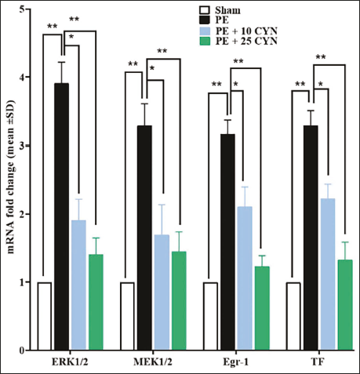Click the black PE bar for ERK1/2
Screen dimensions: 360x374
(62, 216)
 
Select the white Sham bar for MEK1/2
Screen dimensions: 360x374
(128, 316)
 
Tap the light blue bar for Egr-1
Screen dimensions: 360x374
(245, 278)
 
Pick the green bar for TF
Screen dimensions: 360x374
(345, 305)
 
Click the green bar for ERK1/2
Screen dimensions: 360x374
(96, 302)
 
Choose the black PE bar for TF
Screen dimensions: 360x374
(311, 238)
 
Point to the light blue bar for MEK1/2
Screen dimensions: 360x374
(162, 292)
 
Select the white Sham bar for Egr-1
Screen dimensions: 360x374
(210, 316)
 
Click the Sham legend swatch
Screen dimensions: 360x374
(205, 10)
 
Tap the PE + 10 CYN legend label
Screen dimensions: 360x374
(246, 31)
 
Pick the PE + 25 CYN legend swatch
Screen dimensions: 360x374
(205, 41)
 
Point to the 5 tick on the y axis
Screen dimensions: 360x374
(28, 9)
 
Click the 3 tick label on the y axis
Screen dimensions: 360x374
(22, 146)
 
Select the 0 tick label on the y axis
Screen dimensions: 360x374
(22, 350)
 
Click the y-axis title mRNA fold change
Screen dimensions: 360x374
(11, 177)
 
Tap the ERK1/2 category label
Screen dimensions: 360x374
(70, 362)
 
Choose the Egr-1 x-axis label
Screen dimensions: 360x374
(235, 363)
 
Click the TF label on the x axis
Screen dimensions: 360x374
(318, 362)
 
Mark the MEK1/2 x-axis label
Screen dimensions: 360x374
(153, 362)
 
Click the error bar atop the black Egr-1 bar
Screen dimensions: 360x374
(227, 127)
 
